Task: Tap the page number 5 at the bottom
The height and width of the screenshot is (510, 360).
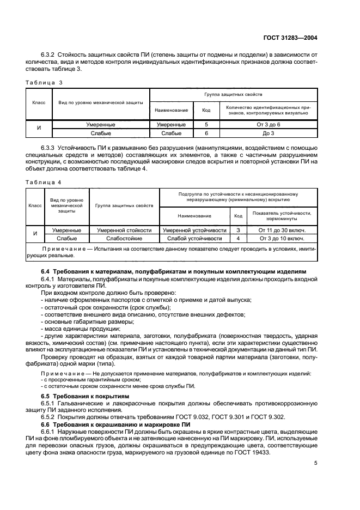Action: tap(316, 464)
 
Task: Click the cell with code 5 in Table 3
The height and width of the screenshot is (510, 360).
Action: tap(206, 125)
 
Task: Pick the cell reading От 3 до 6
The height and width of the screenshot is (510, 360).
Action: tap(268, 125)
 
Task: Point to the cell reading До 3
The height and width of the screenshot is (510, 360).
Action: tap(268, 133)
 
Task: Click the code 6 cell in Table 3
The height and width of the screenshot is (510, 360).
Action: tap(206, 133)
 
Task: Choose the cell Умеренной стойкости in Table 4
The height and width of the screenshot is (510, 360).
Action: tap(124, 230)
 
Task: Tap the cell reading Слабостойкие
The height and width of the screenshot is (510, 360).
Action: tap(124, 239)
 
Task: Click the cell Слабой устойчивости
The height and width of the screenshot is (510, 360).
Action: tap(194, 239)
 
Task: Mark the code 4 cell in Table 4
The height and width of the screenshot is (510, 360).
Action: tap(238, 239)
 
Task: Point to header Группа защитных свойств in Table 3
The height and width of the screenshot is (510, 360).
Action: tap(234, 94)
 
